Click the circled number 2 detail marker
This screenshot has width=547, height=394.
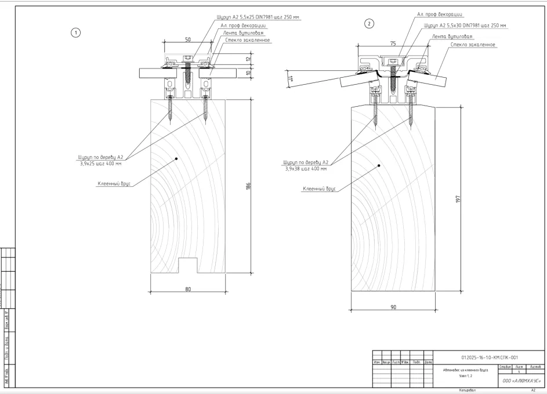368,24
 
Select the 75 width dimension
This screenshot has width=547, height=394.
393,43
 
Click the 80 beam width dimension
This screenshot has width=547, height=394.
188,290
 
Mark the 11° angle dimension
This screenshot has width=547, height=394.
289,77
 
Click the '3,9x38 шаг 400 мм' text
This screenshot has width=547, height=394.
306,169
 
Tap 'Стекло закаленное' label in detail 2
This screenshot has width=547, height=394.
473,45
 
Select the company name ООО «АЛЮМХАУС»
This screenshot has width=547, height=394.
520,381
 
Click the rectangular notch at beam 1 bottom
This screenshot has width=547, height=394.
187,265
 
